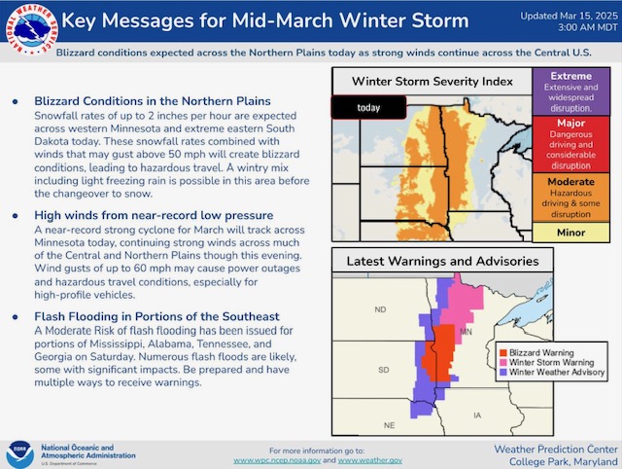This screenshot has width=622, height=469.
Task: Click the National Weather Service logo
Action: pyautogui.click(x=31, y=29)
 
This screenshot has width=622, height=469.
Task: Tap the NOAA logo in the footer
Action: pyautogui.click(x=19, y=454)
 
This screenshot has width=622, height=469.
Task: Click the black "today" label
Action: pyautogui.click(x=368, y=107)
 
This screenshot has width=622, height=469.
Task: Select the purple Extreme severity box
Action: pyautogui.click(x=570, y=91)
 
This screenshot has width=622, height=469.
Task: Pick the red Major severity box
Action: pyautogui.click(x=570, y=144)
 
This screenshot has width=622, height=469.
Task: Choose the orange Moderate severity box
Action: pyautogui.click(x=570, y=198)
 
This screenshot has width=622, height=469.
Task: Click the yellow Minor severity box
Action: pyautogui.click(x=570, y=233)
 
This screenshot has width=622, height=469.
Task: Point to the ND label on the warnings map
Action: pyautogui.click(x=380, y=309)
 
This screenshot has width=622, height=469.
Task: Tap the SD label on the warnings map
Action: pyautogui.click(x=384, y=370)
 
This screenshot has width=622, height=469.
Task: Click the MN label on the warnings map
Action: pyautogui.click(x=466, y=332)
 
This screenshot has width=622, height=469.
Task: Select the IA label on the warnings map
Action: pyautogui.click(x=477, y=415)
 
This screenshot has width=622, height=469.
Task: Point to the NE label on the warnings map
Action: pyautogui.click(x=389, y=425)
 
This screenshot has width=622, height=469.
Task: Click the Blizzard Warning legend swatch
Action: pyautogui.click(x=503, y=352)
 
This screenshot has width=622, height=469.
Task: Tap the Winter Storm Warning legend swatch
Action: pyautogui.click(x=503, y=363)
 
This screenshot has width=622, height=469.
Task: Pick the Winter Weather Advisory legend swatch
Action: pyautogui.click(x=503, y=372)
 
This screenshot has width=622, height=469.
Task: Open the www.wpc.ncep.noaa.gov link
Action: pyautogui.click(x=277, y=460)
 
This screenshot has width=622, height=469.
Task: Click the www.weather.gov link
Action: pyautogui.click(x=369, y=460)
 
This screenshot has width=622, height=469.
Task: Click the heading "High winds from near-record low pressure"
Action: pyautogui.click(x=154, y=215)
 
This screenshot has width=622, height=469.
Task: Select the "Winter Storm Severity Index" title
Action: pyautogui.click(x=432, y=82)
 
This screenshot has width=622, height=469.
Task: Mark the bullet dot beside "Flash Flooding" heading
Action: pyautogui.click(x=16, y=317)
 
